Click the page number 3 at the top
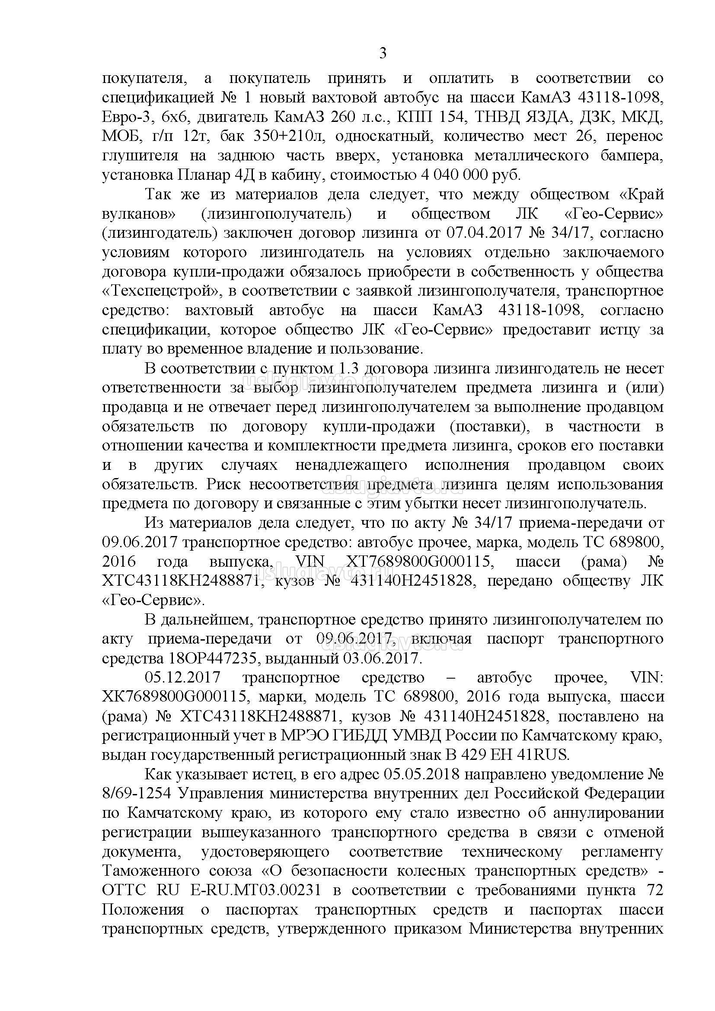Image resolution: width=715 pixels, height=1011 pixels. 383,54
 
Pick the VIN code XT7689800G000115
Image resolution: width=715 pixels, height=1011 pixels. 418,561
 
